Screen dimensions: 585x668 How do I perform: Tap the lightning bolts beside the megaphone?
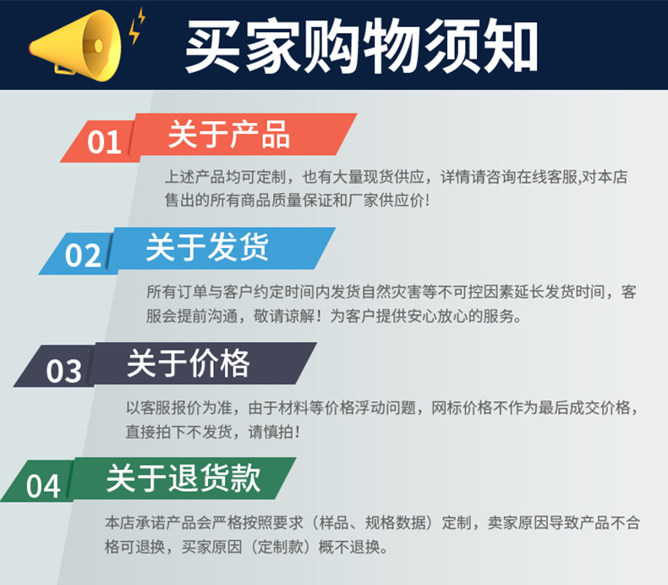coord(136,27)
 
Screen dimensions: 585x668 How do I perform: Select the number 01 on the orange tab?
coord(105,141)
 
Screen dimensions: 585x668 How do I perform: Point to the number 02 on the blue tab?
coord(83,254)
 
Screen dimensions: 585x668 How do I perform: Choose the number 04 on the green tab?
coord(43,486)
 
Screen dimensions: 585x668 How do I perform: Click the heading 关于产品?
coord(228,135)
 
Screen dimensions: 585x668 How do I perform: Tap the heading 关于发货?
coord(207,247)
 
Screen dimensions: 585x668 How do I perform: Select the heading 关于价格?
coord(188,363)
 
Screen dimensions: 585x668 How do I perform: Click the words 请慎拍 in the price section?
coord(271,431)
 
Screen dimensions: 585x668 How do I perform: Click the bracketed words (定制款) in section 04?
coord(277,546)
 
